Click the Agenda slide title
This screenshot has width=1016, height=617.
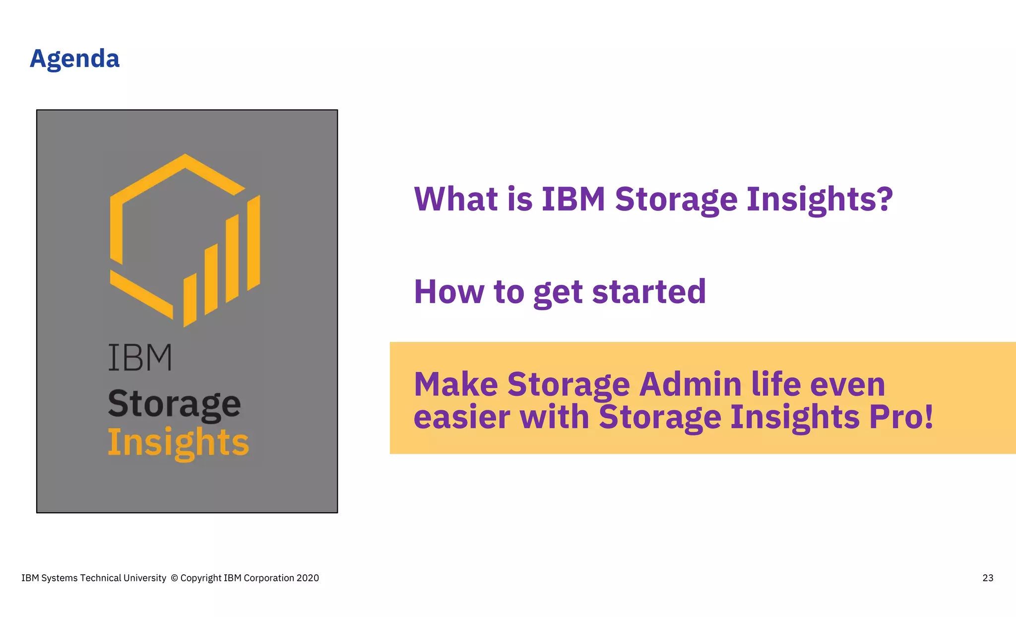[x=74, y=59]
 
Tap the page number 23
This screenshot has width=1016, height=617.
[x=988, y=578]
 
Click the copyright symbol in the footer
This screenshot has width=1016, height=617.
[x=174, y=578]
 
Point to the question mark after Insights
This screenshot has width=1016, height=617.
[x=884, y=199]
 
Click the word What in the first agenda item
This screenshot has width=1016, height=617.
[x=456, y=199]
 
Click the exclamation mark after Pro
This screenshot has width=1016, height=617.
[x=928, y=416]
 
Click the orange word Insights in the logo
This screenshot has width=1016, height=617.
[x=178, y=442]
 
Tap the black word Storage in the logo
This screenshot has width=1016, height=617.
[x=174, y=404]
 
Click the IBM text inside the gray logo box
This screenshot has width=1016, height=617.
[x=140, y=357]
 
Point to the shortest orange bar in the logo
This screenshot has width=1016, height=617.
[x=190, y=300]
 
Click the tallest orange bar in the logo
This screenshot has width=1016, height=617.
[x=254, y=243]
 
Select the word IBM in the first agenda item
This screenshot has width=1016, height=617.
[x=573, y=199]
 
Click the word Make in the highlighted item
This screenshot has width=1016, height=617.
[x=456, y=384]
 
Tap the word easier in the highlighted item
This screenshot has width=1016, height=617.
[x=461, y=416]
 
